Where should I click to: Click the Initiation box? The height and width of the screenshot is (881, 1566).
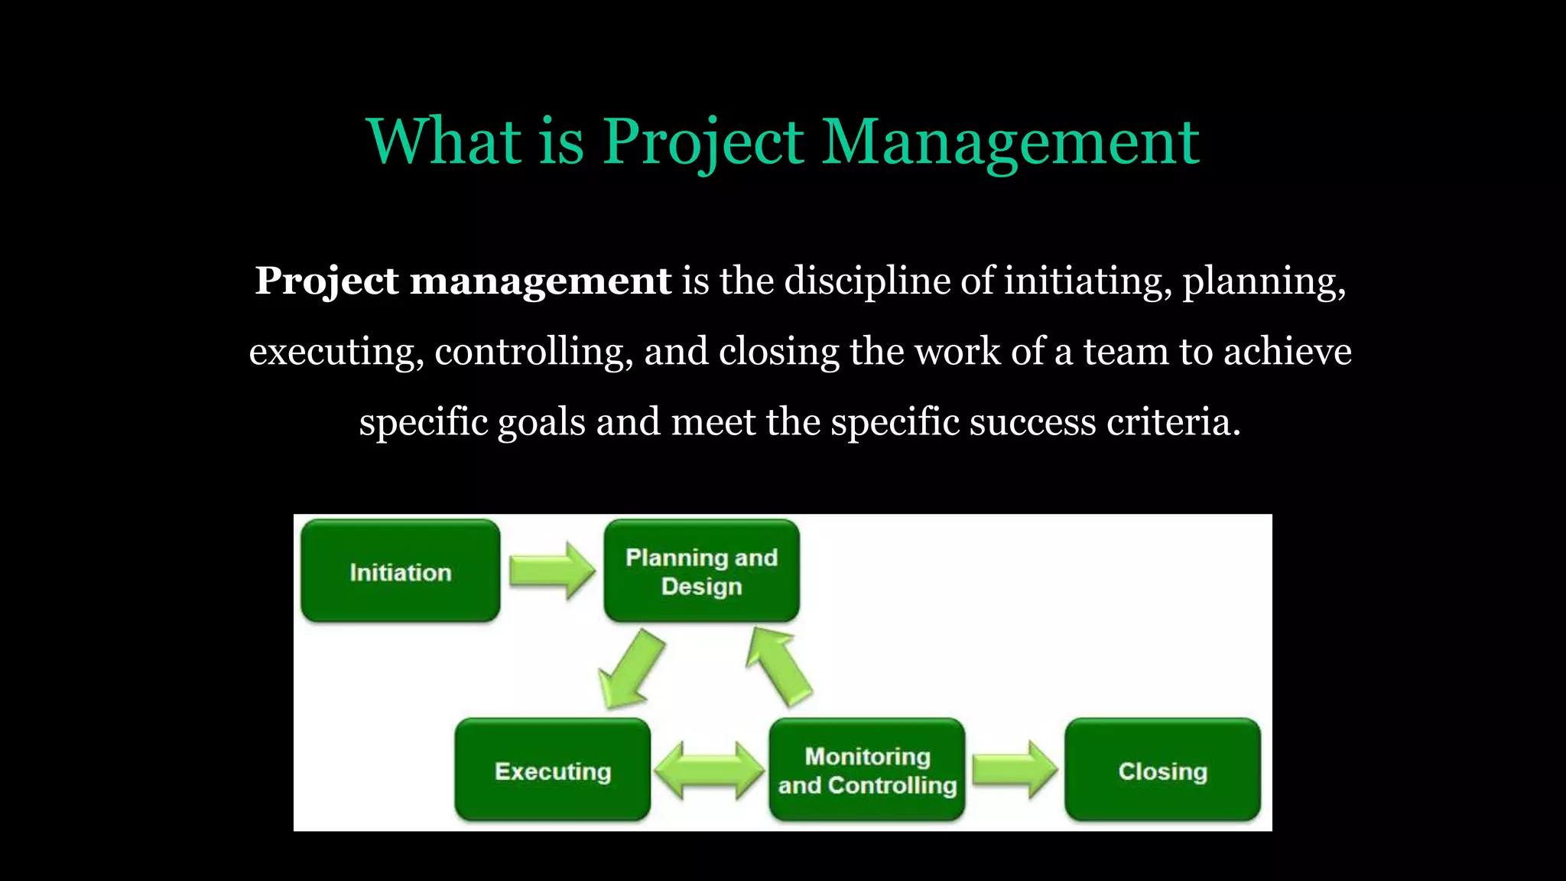click(400, 571)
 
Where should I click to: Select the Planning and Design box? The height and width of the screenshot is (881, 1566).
click(701, 571)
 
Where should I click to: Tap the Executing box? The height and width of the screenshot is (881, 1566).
click(552, 770)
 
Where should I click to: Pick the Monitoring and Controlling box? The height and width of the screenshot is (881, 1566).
click(867, 770)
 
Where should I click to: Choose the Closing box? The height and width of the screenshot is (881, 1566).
click(1162, 770)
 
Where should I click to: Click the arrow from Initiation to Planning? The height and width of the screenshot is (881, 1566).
click(551, 571)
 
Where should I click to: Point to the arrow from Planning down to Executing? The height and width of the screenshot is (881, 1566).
click(632, 669)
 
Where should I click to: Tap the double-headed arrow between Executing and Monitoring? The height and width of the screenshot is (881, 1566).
click(710, 770)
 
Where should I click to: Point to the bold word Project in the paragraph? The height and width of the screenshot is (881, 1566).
click(327, 281)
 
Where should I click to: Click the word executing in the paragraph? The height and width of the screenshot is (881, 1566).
click(336, 352)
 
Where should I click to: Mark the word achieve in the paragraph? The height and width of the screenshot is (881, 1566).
click(1288, 352)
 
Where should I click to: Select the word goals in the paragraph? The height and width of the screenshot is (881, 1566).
click(541, 422)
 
